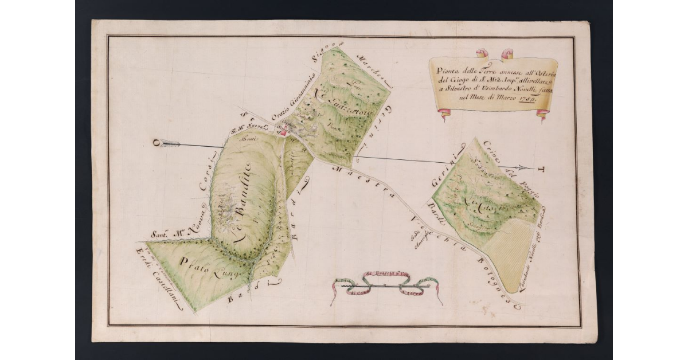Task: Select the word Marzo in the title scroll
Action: click(501, 99)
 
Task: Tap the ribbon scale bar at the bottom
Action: click(387, 287)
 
